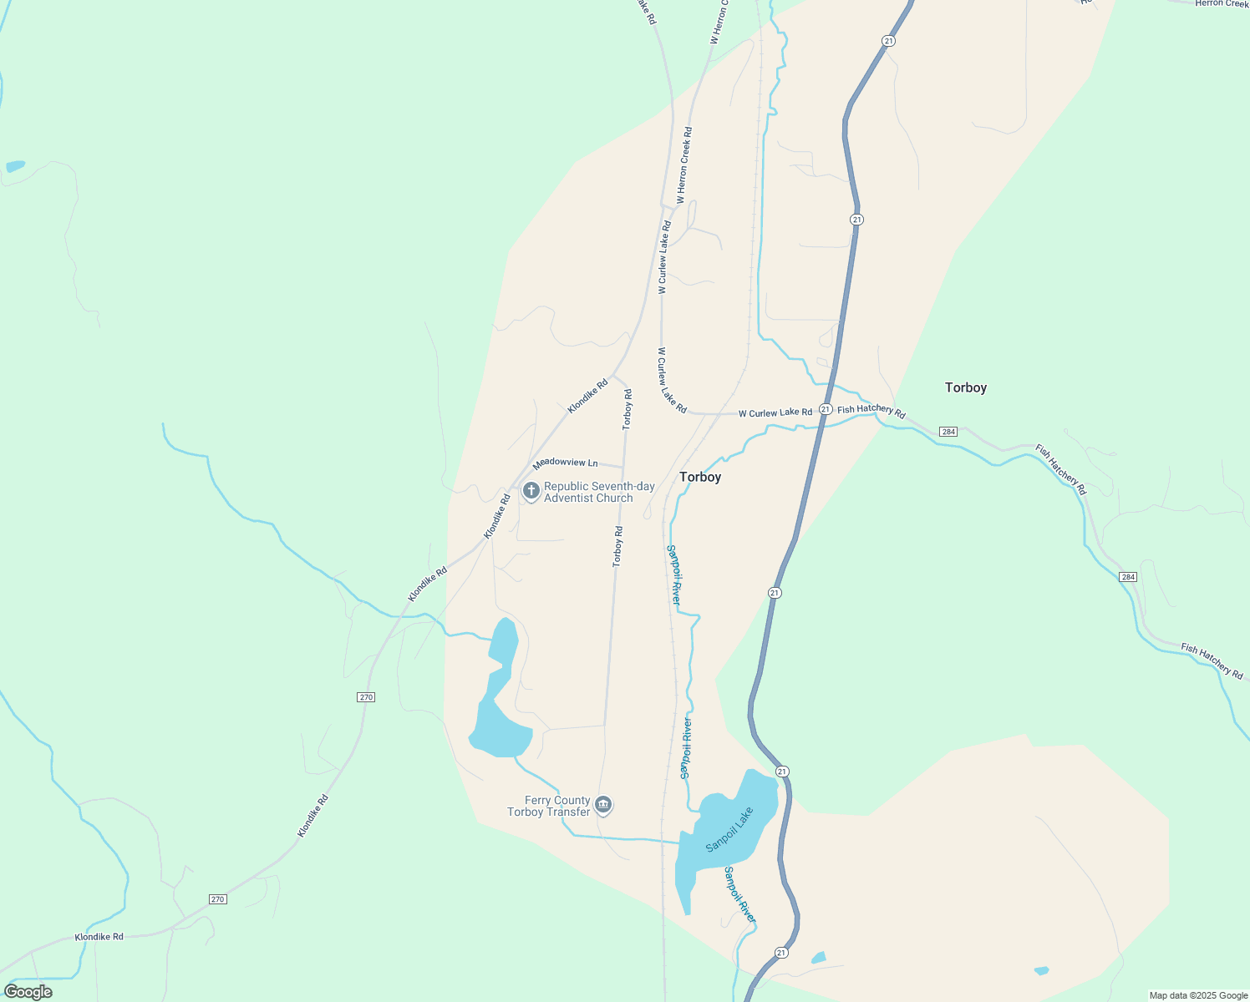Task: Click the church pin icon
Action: coord(531,491)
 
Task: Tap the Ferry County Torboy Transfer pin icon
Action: coord(604,805)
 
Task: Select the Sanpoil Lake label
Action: coord(729,829)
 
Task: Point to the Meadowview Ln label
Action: coord(566,463)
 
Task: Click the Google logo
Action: coord(28,992)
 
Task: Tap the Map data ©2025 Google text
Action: coord(1198,995)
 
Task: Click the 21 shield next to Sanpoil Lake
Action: coord(781,771)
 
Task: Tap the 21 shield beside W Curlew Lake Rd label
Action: coord(825,409)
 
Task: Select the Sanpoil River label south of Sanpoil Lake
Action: coord(739,895)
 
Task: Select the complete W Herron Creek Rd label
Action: coord(683,165)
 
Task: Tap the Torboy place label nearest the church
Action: coord(700,477)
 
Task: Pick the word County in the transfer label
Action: coord(572,801)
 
